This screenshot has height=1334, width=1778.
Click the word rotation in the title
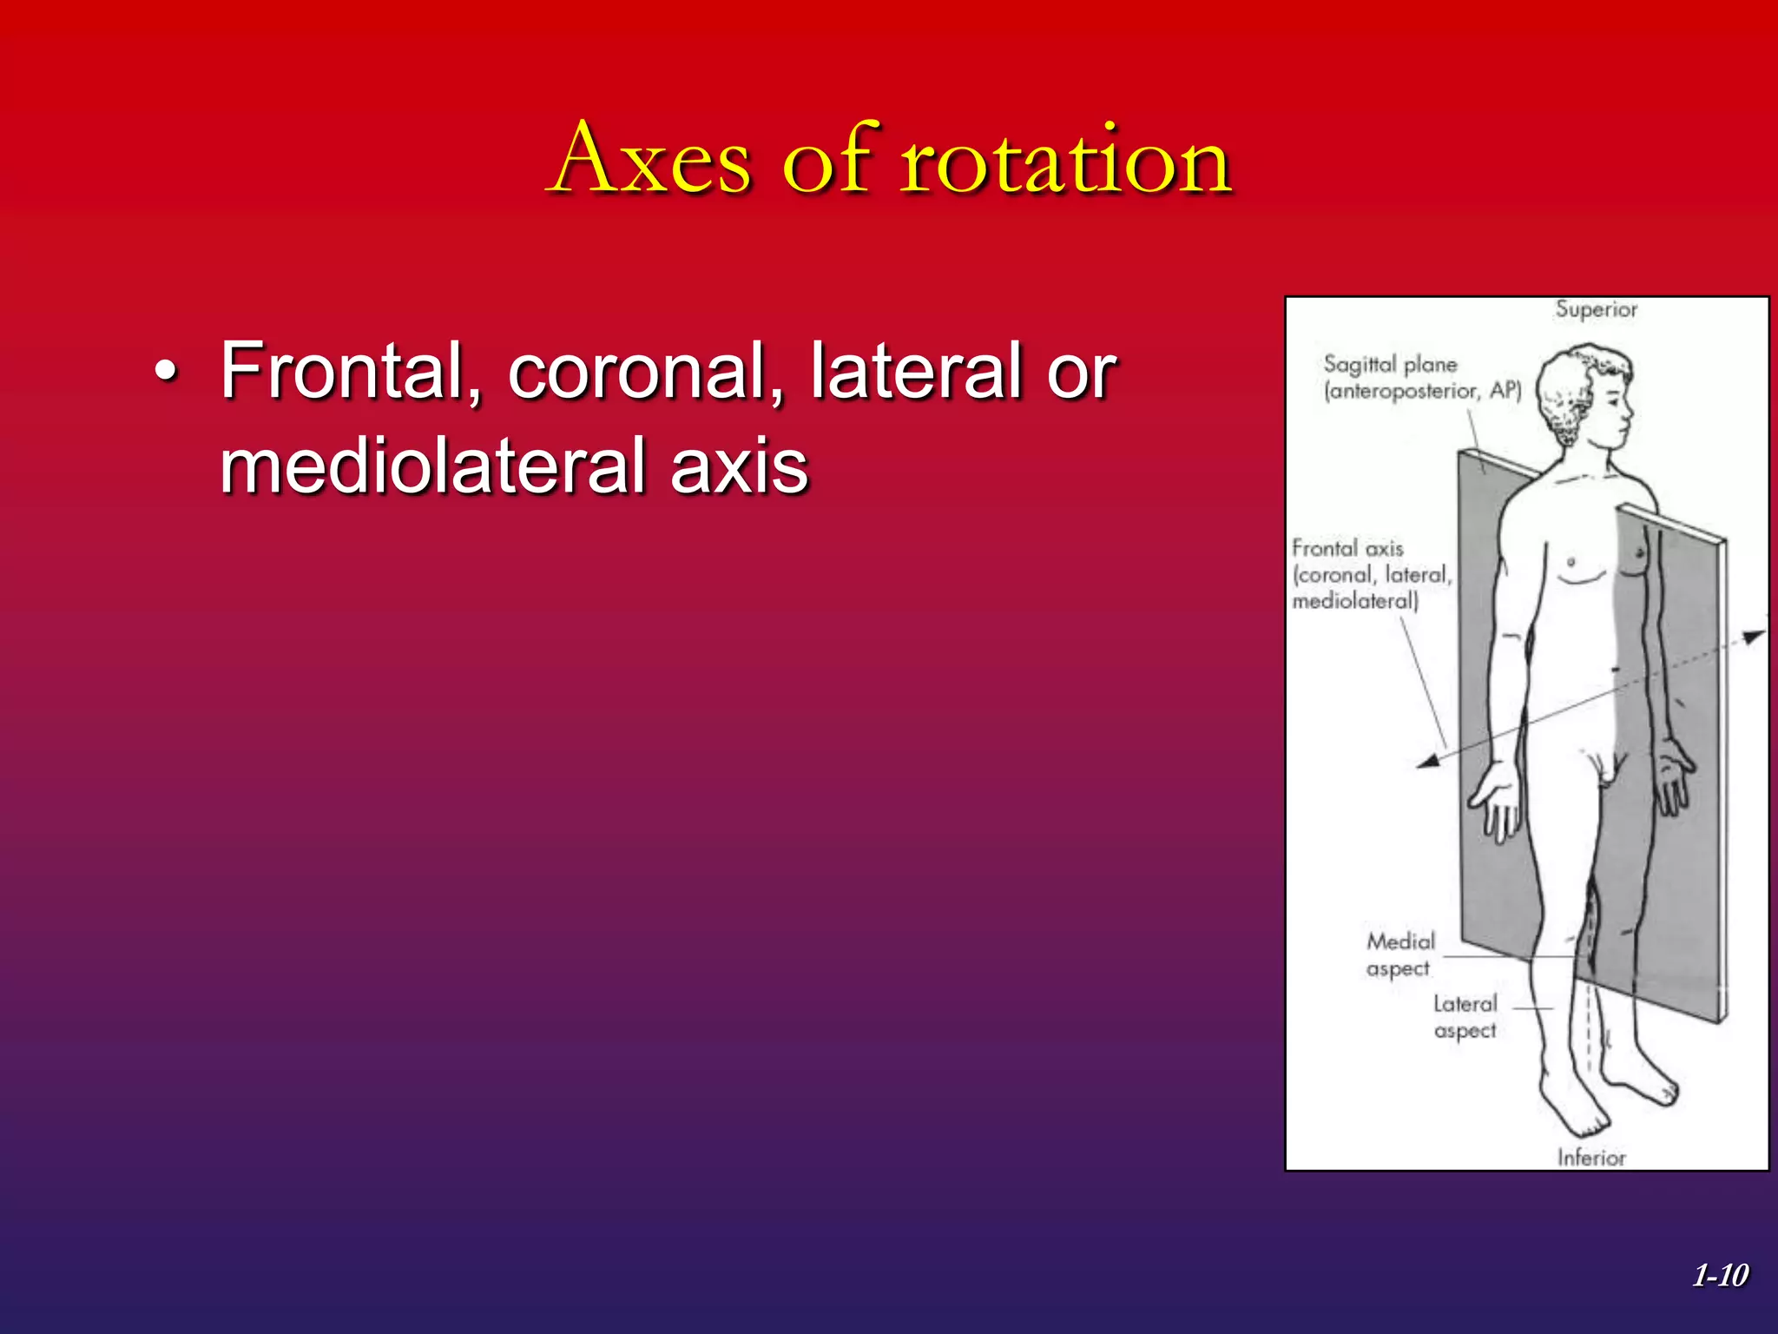coord(1065,161)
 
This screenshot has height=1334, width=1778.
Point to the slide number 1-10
coord(1720,1275)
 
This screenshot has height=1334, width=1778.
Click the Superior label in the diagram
coord(1596,309)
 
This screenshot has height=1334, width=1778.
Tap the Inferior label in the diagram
coord(1590,1157)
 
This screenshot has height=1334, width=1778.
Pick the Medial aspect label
coord(1399,954)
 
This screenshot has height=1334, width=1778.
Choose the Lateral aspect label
coord(1465,1016)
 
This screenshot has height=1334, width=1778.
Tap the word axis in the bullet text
coord(739,466)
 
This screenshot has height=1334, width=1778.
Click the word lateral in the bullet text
coord(917,372)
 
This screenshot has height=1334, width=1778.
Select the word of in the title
coord(826,161)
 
